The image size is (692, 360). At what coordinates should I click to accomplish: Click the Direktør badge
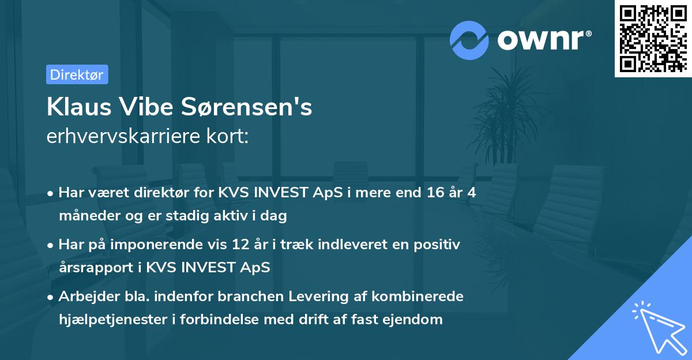pyautogui.click(x=77, y=74)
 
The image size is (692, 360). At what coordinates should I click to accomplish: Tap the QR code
pyautogui.click(x=652, y=38)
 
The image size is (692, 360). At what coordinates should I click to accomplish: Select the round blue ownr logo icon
pyautogui.click(x=469, y=40)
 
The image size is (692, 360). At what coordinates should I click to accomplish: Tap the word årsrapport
pyautogui.click(x=94, y=267)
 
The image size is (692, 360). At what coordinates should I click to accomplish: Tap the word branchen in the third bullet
pyautogui.click(x=278, y=297)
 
